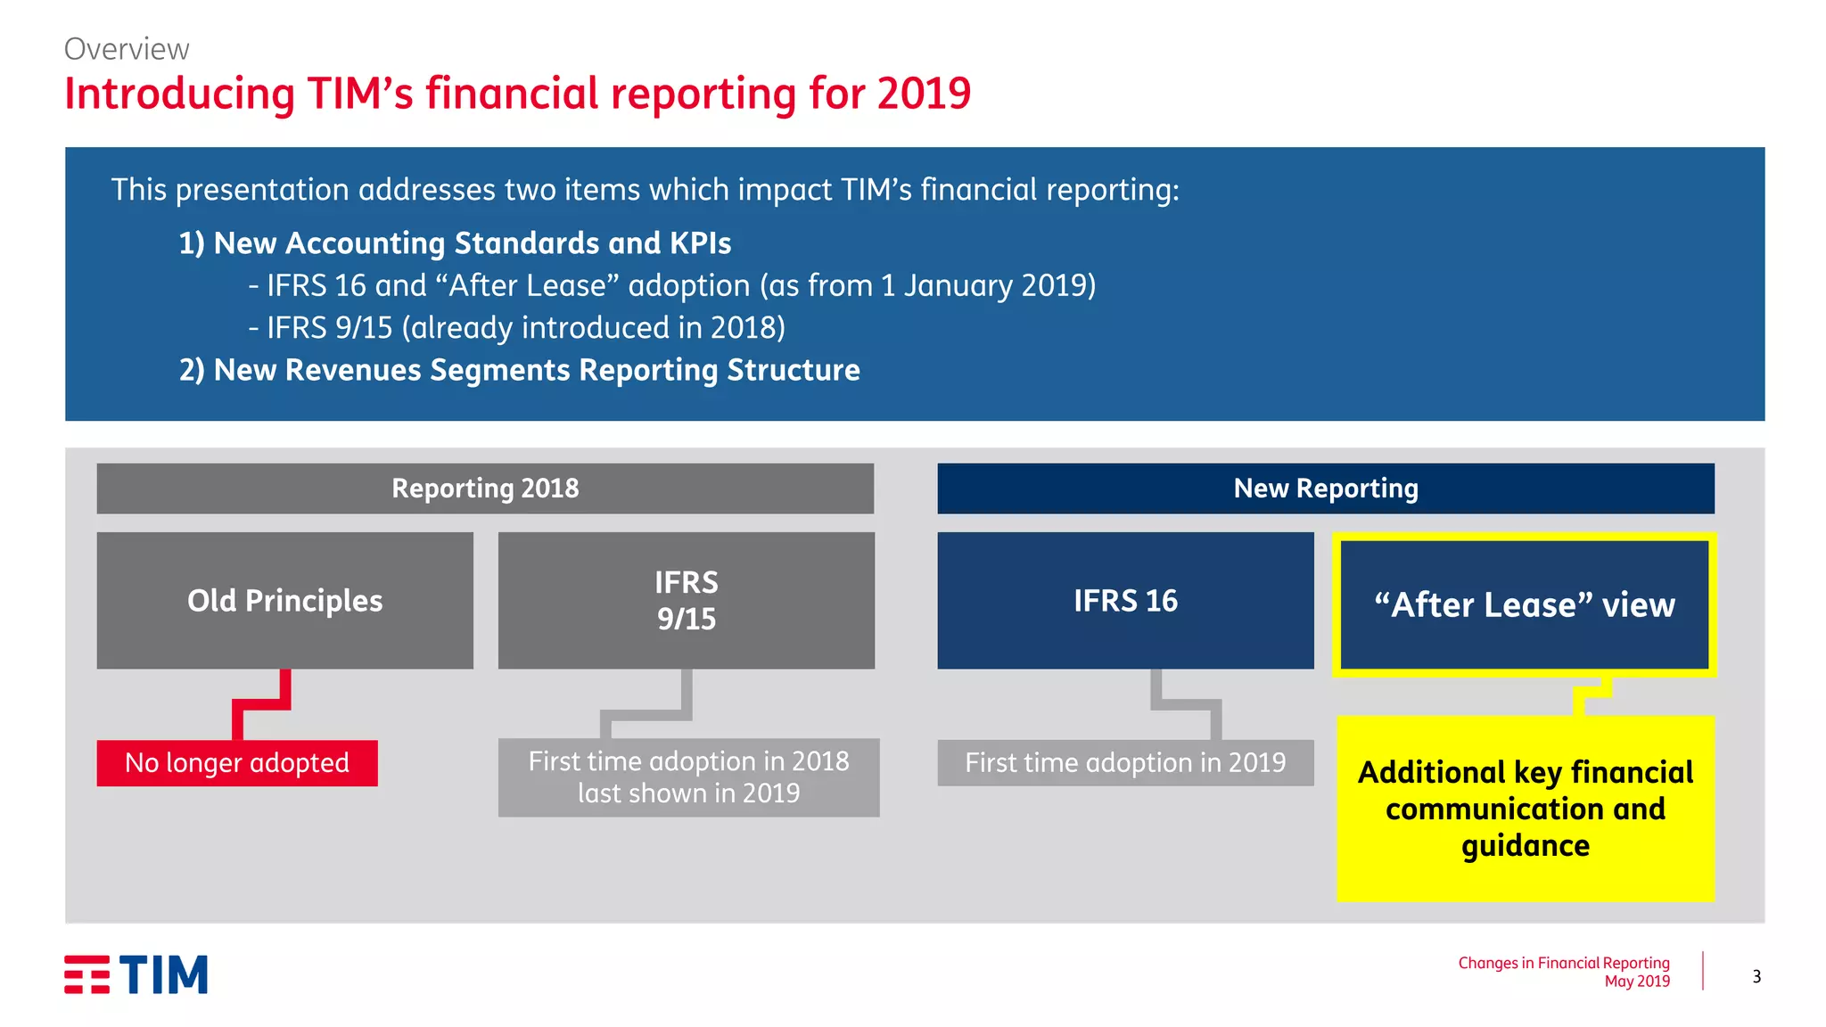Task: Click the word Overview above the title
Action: point(126,49)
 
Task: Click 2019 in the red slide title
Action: point(923,94)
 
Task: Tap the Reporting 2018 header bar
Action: point(485,489)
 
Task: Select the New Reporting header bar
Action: point(1325,489)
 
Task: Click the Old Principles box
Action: point(284,601)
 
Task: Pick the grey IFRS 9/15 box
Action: point(686,601)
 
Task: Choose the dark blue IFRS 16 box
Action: point(1125,601)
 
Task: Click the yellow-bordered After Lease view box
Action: point(1524,604)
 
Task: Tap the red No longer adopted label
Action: point(237,763)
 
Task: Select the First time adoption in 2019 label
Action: point(1125,763)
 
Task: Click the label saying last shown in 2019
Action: point(688,793)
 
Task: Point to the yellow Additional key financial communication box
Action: point(1525,809)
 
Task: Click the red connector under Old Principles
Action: point(260,704)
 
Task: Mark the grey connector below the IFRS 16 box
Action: point(1186,704)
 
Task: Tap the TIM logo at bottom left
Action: point(136,974)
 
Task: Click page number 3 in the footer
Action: point(1756,976)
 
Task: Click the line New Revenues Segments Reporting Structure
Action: point(519,370)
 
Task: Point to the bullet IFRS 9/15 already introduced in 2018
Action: point(517,328)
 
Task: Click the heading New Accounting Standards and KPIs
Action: point(455,243)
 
